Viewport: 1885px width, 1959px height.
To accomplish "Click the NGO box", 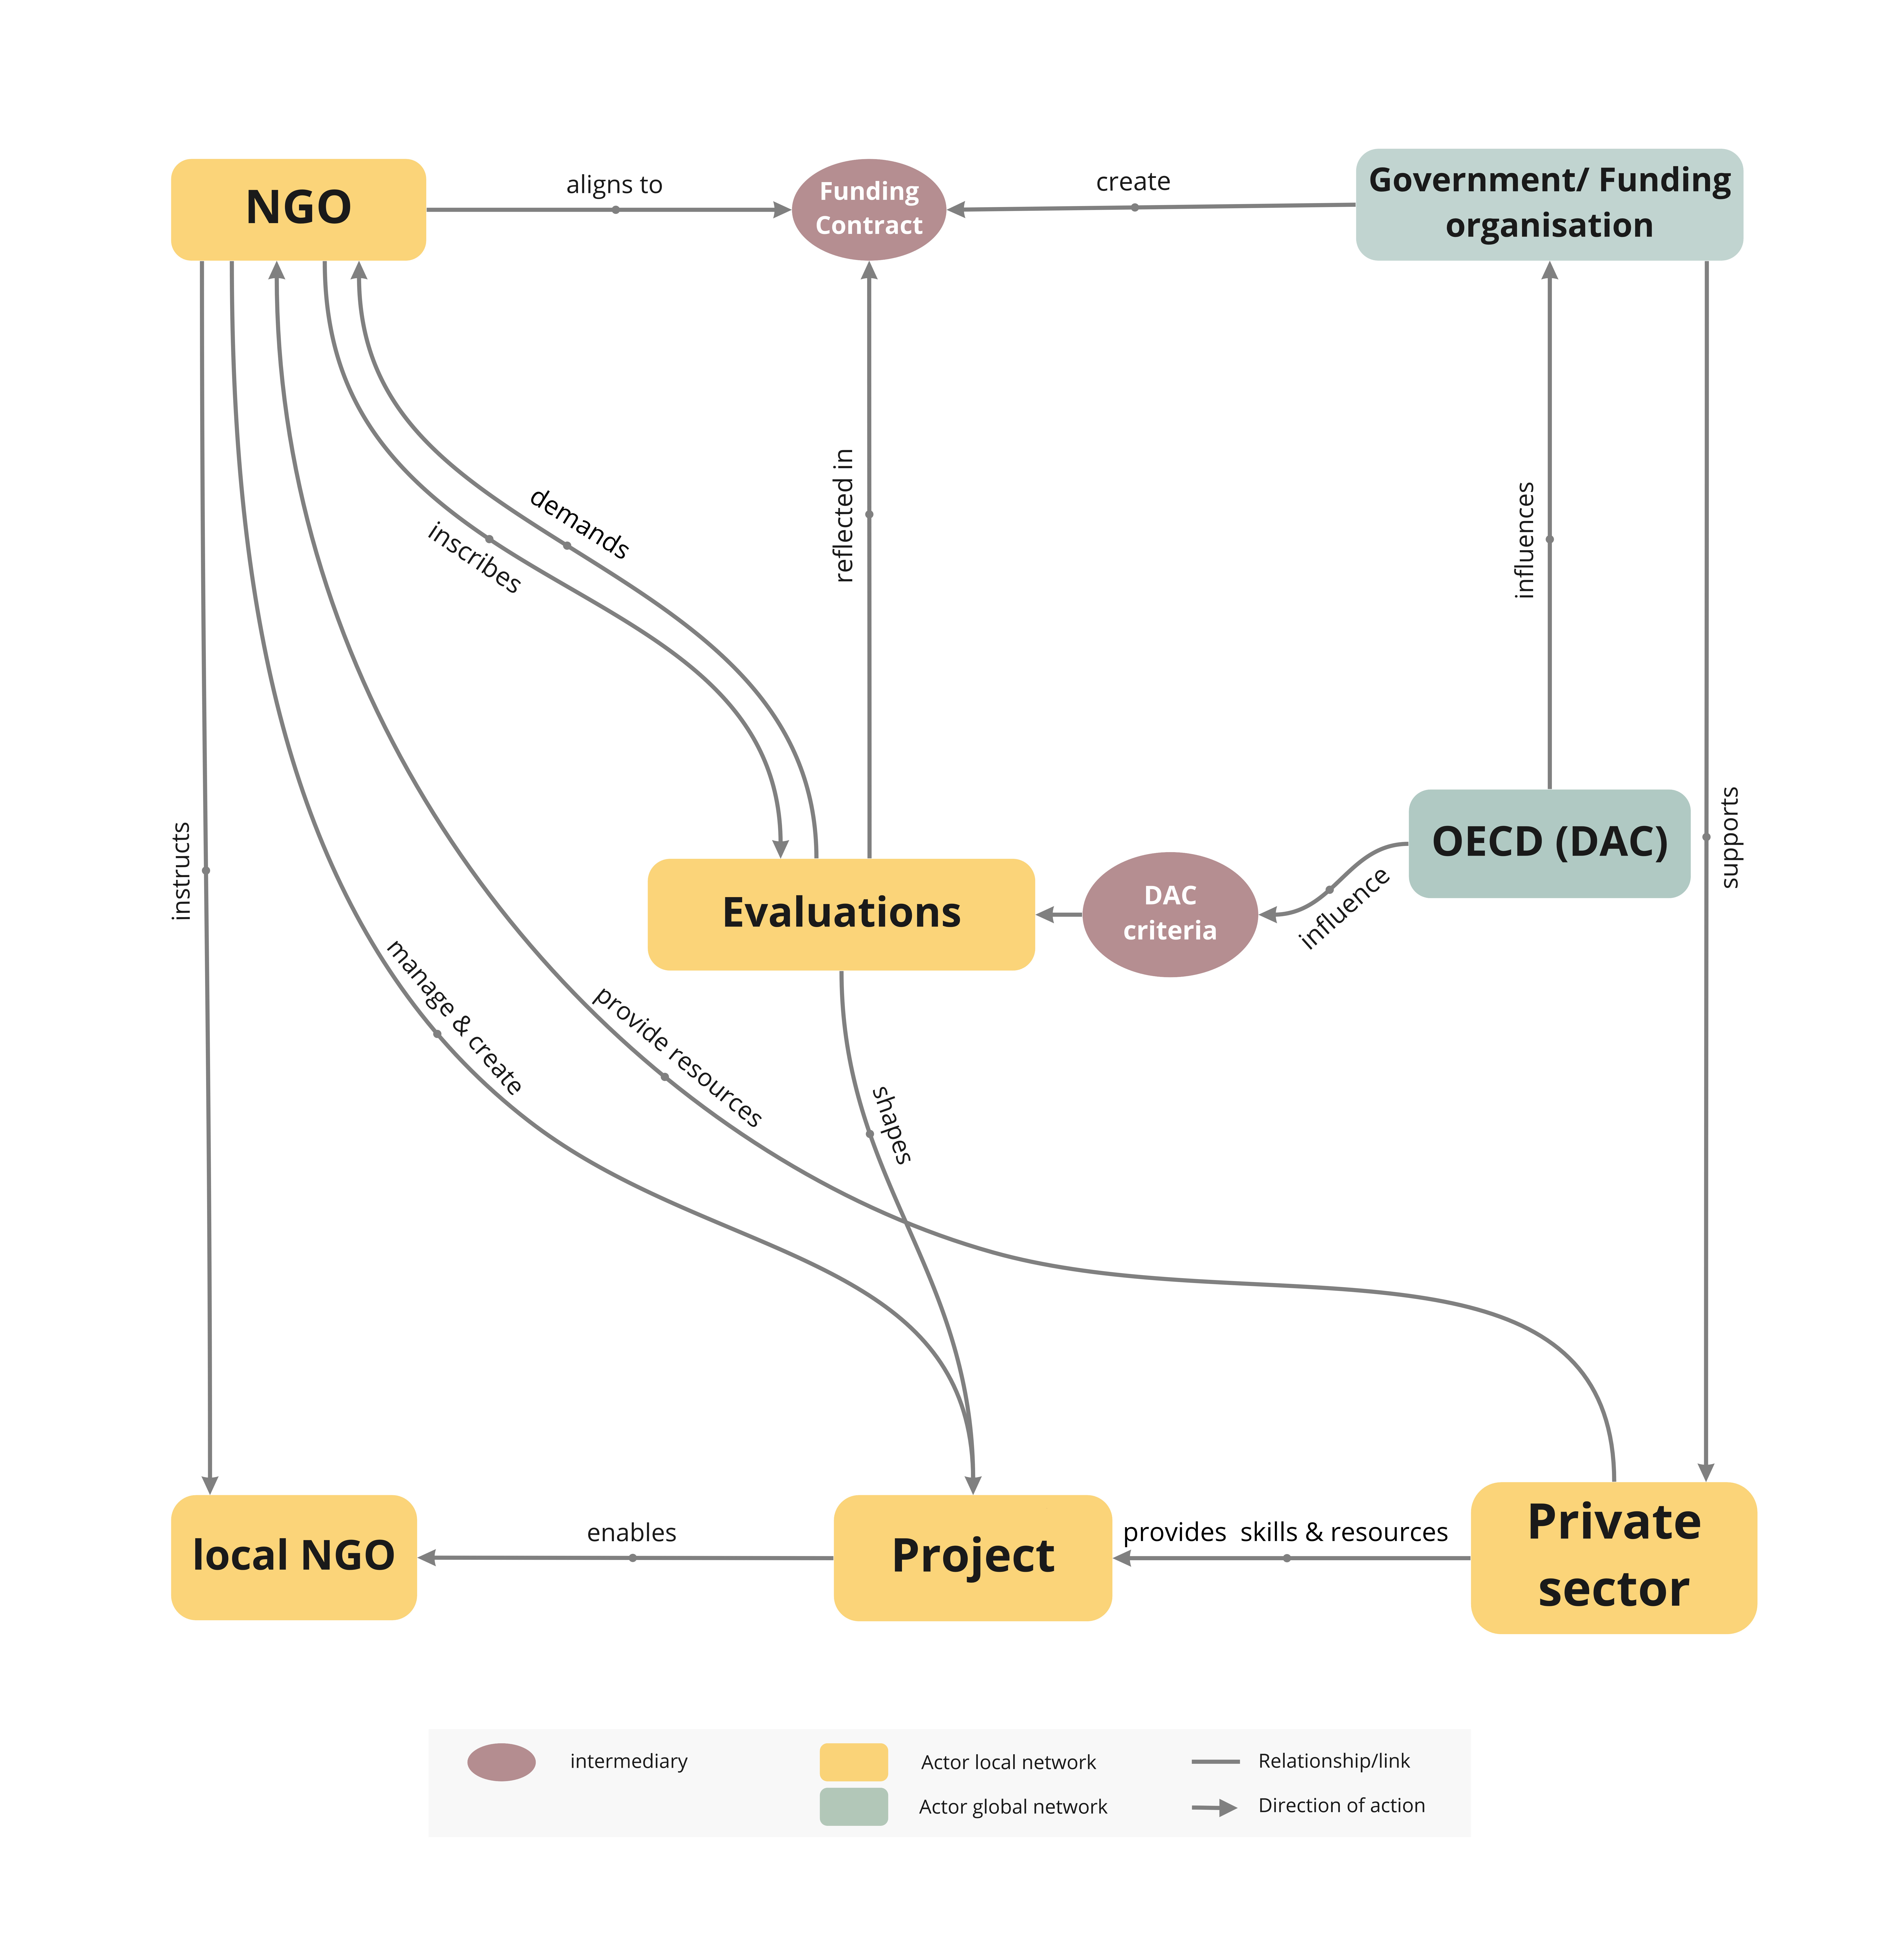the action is click(298, 209).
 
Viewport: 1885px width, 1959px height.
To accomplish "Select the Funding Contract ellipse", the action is click(869, 209).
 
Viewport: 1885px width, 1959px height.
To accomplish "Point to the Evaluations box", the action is click(840, 914).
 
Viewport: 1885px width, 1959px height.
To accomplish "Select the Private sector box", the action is click(1613, 1556).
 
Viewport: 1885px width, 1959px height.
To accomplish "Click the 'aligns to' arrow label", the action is click(614, 185).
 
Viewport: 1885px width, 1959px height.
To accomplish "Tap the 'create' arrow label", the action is click(1132, 182).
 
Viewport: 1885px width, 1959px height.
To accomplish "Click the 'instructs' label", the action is click(180, 871).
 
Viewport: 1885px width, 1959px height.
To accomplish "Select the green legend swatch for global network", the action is click(854, 1806).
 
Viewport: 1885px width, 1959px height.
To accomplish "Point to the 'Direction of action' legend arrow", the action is click(1214, 1807).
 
